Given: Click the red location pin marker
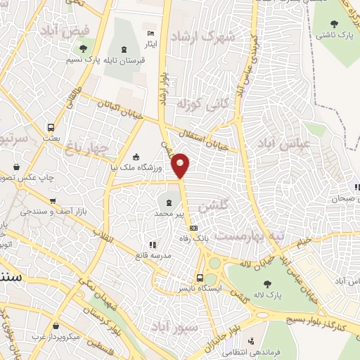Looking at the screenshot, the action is click(x=181, y=165).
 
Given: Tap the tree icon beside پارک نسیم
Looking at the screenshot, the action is click(x=84, y=49).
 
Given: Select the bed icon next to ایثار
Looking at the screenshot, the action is click(x=149, y=34).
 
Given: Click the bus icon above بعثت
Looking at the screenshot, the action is click(x=51, y=128).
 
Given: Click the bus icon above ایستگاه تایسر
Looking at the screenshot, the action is click(x=200, y=278).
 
